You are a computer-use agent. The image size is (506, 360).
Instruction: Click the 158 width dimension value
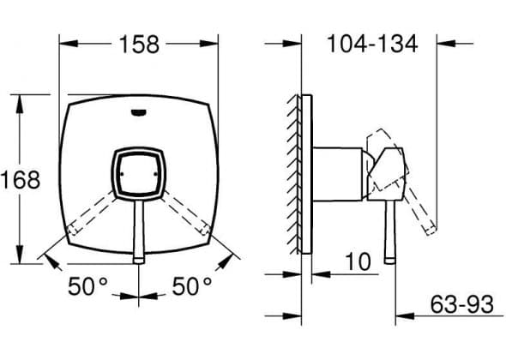tap(139, 45)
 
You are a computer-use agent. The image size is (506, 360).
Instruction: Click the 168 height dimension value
tap(21, 180)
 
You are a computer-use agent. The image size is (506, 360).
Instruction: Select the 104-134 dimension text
tap(372, 44)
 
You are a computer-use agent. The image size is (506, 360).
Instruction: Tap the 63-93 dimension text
tap(461, 304)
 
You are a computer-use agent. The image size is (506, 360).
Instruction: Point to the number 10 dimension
tap(358, 261)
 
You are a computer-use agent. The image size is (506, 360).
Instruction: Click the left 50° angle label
tap(87, 285)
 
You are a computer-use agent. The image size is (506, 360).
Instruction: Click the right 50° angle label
tap(192, 285)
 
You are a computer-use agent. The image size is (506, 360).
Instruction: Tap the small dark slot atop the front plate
tap(139, 112)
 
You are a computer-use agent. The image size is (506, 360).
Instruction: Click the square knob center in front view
tap(139, 174)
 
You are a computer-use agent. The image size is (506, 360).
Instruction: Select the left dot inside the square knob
tap(122, 174)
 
